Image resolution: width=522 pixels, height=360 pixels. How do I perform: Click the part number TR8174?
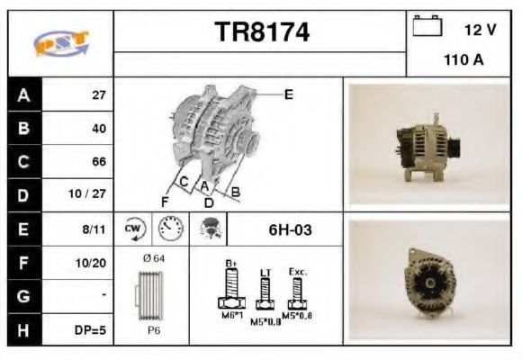point(262,33)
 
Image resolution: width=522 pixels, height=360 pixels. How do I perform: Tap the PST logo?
point(59,41)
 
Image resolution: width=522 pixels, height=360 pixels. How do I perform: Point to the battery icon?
point(427,27)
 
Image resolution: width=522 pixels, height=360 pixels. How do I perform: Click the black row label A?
point(23,94)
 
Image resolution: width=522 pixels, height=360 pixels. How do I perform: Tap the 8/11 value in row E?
point(94,229)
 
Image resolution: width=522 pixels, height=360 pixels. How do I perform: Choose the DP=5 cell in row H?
point(90,330)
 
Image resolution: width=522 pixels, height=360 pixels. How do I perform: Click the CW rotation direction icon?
point(135,229)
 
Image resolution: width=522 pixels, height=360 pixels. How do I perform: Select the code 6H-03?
point(290,229)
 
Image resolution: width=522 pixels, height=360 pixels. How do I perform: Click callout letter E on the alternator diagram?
point(288,93)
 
